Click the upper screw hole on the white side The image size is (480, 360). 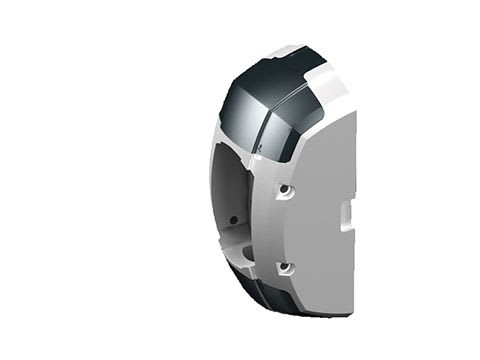point(285,188)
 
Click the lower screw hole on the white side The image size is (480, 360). point(285,267)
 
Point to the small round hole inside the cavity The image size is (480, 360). point(233,220)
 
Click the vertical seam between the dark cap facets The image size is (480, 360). point(262,120)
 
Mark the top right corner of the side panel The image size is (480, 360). point(353,113)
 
